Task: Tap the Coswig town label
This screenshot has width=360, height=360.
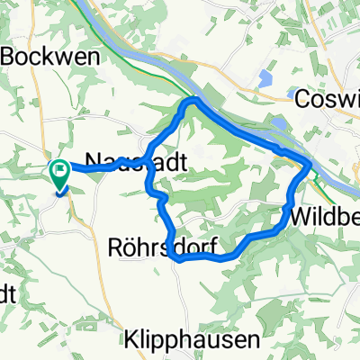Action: [328, 97]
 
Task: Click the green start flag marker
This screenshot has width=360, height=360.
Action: [60, 169]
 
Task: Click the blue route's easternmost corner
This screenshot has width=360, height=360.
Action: [310, 165]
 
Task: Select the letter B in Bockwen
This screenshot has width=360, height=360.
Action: [13, 56]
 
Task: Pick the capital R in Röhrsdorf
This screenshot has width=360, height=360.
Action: [112, 244]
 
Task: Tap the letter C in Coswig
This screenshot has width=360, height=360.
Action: [301, 97]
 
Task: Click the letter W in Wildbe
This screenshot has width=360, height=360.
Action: [300, 217]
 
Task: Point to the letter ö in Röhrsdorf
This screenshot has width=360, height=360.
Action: [127, 244]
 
